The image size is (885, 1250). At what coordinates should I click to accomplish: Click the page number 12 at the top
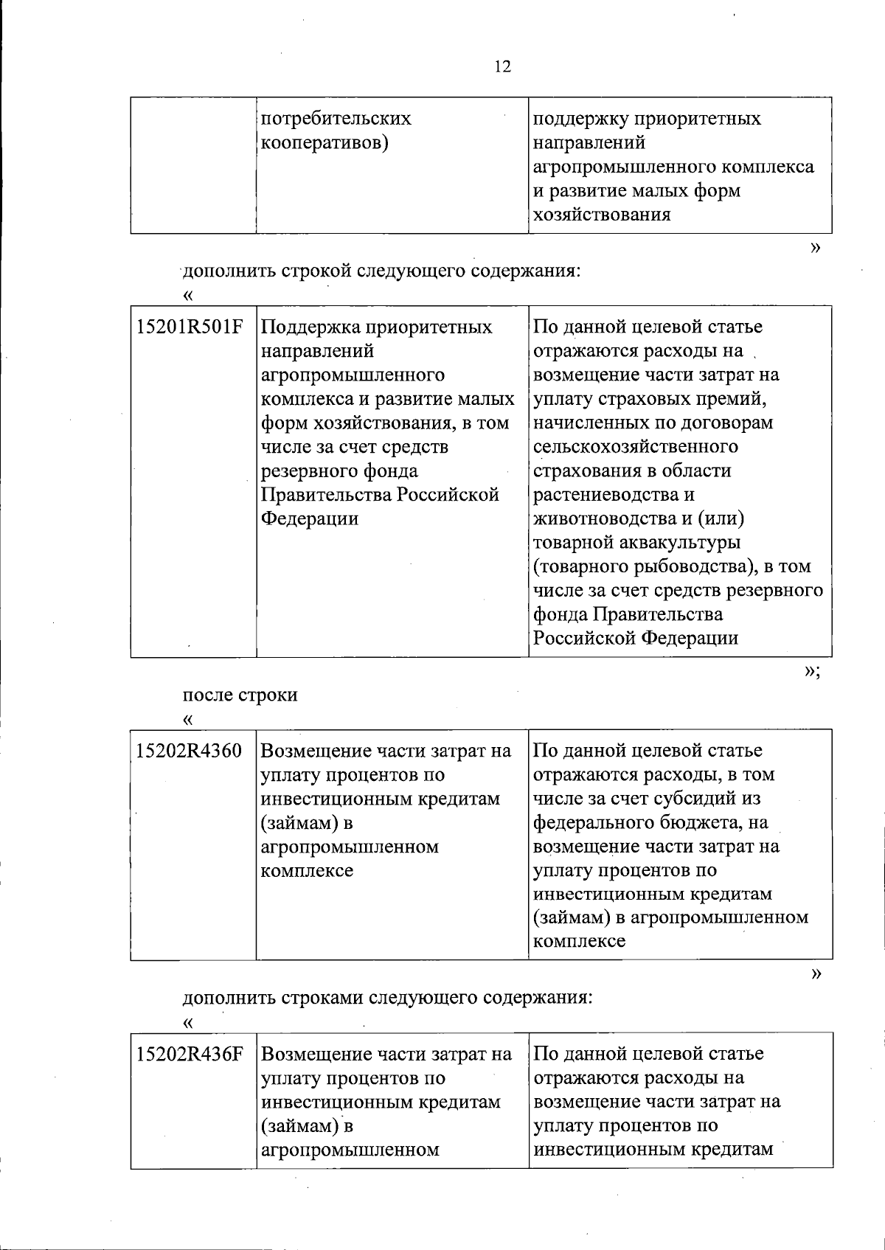[502, 67]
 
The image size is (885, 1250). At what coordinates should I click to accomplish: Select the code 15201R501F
[190, 327]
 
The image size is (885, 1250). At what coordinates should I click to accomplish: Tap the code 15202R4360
[190, 751]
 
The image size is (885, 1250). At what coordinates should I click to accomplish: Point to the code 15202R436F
[190, 1055]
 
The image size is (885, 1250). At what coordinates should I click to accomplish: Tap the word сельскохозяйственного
[635, 447]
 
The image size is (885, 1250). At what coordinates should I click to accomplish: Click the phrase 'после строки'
[240, 695]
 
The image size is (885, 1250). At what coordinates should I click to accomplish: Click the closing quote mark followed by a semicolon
[812, 670]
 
